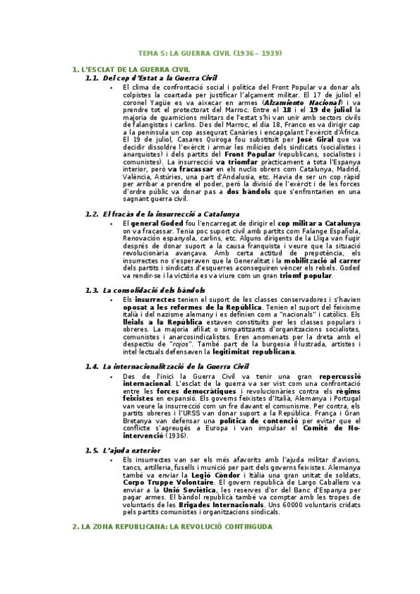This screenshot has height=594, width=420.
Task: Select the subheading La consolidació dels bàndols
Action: tap(154, 290)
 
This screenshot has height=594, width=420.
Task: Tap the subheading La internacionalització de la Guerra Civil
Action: tap(175, 366)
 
